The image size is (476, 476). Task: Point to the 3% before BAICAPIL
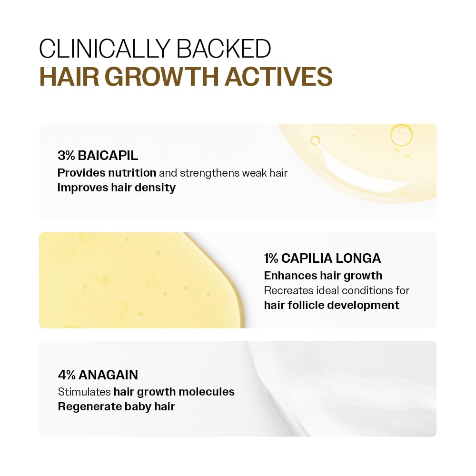tap(67, 155)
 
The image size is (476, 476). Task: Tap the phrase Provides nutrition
tap(107, 172)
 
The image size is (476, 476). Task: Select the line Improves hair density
tap(116, 188)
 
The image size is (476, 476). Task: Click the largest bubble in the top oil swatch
tap(401, 134)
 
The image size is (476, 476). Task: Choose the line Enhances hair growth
tap(323, 275)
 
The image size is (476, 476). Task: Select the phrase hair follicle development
tap(331, 305)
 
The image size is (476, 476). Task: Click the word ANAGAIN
tap(109, 375)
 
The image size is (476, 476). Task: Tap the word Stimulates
tap(84, 392)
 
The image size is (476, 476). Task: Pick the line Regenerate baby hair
tap(116, 407)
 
